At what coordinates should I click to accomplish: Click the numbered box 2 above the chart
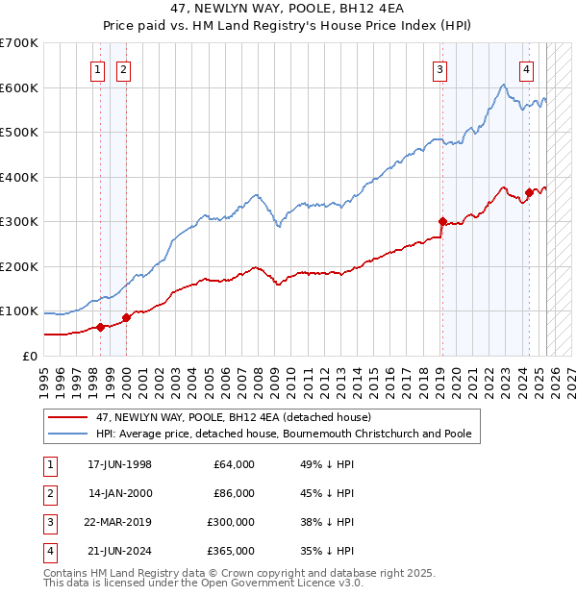coord(124,68)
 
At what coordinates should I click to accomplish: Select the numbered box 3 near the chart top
coord(439,68)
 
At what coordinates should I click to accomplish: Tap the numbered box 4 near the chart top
coord(527,68)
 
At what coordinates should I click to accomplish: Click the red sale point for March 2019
coord(442,221)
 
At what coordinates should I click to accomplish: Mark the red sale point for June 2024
coord(529,192)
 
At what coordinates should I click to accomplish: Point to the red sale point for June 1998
coord(100,327)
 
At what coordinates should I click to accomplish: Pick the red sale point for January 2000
coord(126,317)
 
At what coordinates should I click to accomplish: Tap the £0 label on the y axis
coord(30,356)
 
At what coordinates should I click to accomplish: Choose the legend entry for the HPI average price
coord(284,435)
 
